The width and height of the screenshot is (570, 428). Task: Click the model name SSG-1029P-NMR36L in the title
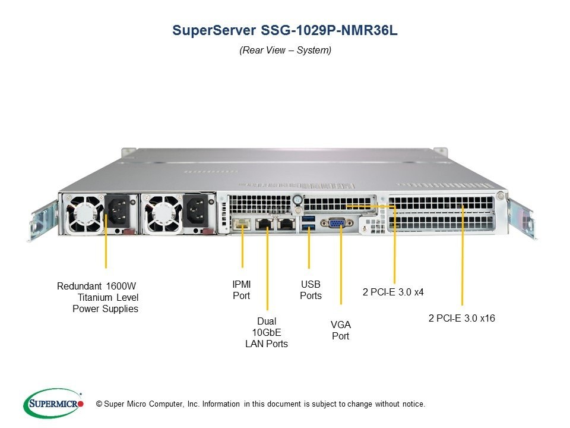[x=329, y=30]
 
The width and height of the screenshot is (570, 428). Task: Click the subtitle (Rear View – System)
[x=286, y=50]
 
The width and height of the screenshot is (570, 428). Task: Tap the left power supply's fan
[x=84, y=214]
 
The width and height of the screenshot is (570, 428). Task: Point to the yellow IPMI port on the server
[x=242, y=224]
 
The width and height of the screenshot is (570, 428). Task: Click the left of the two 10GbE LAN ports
[x=265, y=224]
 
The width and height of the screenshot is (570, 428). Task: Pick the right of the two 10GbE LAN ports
[x=287, y=224]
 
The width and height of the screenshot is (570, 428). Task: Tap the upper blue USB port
[x=309, y=218]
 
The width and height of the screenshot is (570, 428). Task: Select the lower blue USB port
[x=309, y=228]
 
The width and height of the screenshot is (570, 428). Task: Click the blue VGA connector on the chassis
[x=337, y=222]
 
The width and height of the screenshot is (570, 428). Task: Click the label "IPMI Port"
[x=242, y=289]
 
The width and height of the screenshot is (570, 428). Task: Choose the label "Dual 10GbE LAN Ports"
[x=267, y=332]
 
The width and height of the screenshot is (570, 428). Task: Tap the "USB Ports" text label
[x=311, y=289]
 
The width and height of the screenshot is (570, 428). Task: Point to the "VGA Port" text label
[x=341, y=330]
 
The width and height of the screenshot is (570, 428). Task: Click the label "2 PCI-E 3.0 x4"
[x=393, y=292]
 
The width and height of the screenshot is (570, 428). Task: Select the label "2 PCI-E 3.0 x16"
[x=462, y=318]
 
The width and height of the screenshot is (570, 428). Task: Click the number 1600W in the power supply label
[x=121, y=286]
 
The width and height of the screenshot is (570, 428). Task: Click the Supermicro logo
[x=54, y=403]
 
